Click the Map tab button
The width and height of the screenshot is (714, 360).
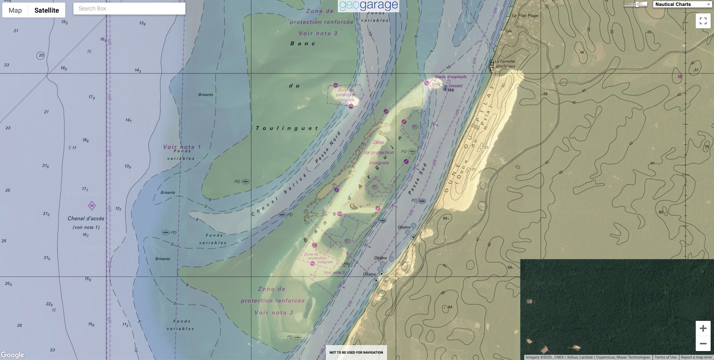click(x=15, y=10)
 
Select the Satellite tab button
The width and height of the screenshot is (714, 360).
click(x=47, y=10)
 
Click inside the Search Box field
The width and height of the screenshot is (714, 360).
click(x=129, y=9)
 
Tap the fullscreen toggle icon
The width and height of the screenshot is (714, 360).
click(x=703, y=21)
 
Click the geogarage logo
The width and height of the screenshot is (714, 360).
click(x=368, y=6)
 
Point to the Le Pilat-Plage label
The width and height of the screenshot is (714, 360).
click(x=525, y=16)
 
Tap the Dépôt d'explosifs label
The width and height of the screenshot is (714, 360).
click(x=450, y=77)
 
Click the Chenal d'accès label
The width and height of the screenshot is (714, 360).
click(x=86, y=219)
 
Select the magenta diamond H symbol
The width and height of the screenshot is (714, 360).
click(x=92, y=206)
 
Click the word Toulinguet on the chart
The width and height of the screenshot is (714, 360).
click(x=287, y=128)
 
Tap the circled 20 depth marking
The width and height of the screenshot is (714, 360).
click(x=41, y=56)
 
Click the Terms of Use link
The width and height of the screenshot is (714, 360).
click(x=665, y=357)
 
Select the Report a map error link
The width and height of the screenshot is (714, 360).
click(x=696, y=357)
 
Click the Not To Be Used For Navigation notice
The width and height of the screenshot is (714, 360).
click(x=356, y=352)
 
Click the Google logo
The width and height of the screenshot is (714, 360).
click(x=13, y=355)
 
